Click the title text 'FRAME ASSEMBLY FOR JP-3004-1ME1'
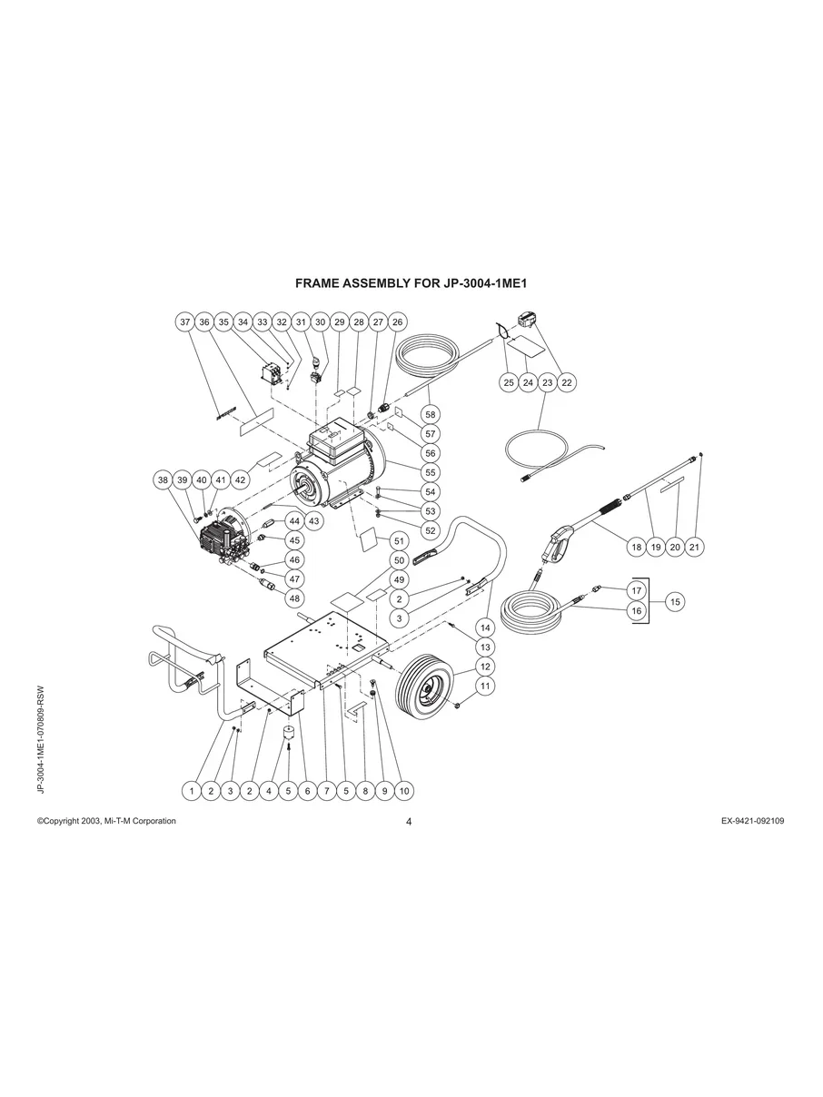click(x=411, y=283)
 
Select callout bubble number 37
click(x=185, y=321)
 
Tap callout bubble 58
click(x=431, y=415)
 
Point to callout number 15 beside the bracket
click(x=675, y=601)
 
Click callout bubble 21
click(x=695, y=547)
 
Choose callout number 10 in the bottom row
click(x=404, y=791)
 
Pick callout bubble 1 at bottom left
click(x=191, y=791)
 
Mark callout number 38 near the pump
click(x=163, y=479)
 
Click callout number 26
click(x=397, y=321)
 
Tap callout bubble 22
click(x=567, y=382)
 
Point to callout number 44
click(x=294, y=521)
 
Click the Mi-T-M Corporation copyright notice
click(x=106, y=821)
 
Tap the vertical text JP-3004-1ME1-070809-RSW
click(x=41, y=739)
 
